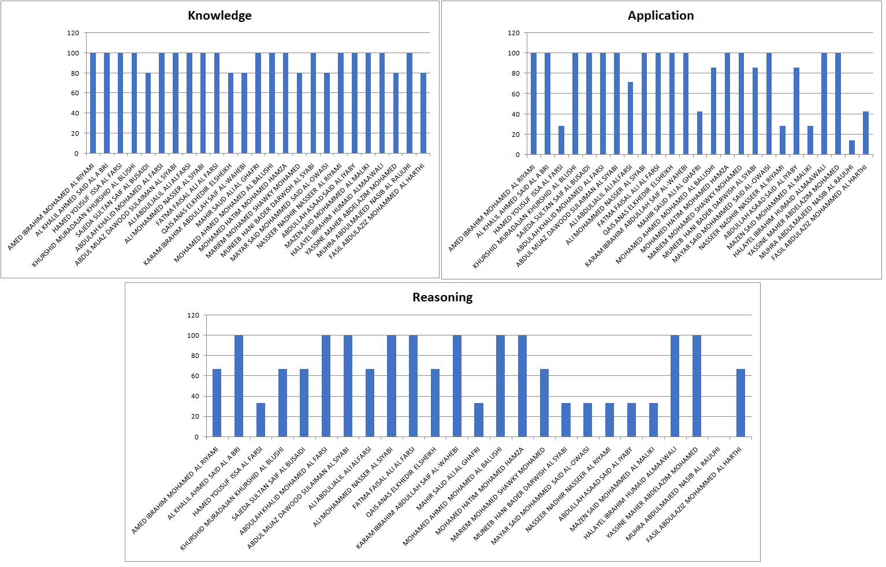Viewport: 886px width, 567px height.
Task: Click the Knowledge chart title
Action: click(219, 16)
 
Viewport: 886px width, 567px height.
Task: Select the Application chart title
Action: click(661, 16)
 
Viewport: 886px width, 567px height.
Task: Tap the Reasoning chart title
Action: click(442, 297)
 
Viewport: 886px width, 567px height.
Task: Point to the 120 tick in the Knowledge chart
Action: click(73, 33)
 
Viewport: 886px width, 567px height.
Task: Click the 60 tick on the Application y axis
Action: click(513, 94)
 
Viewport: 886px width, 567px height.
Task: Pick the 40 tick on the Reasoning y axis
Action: click(195, 396)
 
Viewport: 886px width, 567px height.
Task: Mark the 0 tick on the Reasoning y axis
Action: click(196, 437)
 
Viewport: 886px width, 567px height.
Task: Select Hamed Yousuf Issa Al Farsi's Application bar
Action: click(561, 140)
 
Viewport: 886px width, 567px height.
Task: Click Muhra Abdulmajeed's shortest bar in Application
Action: click(852, 147)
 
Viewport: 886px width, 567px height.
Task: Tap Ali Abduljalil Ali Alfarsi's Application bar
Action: click(631, 118)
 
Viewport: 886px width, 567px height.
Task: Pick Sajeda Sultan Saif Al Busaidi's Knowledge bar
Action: click(148, 113)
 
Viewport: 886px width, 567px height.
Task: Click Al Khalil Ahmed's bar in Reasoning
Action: click(239, 386)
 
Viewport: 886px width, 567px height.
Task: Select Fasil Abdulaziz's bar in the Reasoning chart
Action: click(740, 403)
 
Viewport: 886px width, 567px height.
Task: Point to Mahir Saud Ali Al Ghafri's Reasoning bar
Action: click(479, 420)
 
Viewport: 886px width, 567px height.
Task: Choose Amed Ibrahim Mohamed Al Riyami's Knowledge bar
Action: click(93, 103)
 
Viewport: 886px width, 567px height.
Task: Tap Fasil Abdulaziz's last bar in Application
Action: click(866, 133)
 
